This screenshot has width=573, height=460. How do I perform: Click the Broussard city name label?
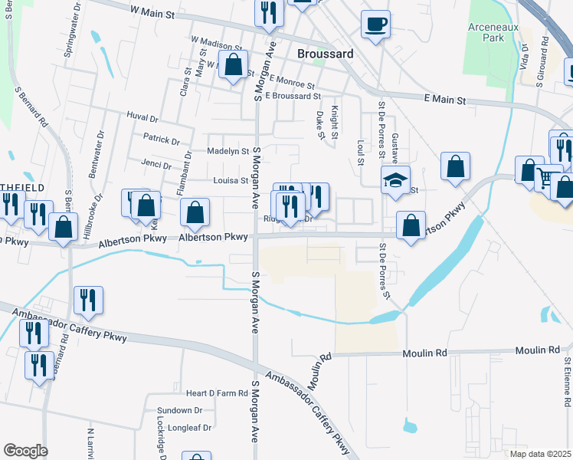coord(325,54)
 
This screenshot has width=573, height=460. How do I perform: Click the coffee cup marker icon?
coord(375,25)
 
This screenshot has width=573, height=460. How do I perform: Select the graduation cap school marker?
coord(396,181)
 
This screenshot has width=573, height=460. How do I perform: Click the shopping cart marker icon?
coord(548,179)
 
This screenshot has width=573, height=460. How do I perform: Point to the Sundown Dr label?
coord(178,411)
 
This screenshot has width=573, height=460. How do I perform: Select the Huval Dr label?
coord(142,119)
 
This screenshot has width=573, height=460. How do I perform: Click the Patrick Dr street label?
coord(161,141)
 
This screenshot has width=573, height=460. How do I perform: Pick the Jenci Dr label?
coord(156,163)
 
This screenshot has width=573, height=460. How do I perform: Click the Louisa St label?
coord(231,182)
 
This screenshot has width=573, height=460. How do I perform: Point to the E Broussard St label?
coord(293,96)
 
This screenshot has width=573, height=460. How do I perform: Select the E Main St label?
coord(444,100)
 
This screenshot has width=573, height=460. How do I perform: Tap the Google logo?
coord(25,451)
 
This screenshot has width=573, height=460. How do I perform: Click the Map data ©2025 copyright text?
coord(540,454)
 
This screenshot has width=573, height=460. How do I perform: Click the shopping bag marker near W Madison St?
coord(233,64)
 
